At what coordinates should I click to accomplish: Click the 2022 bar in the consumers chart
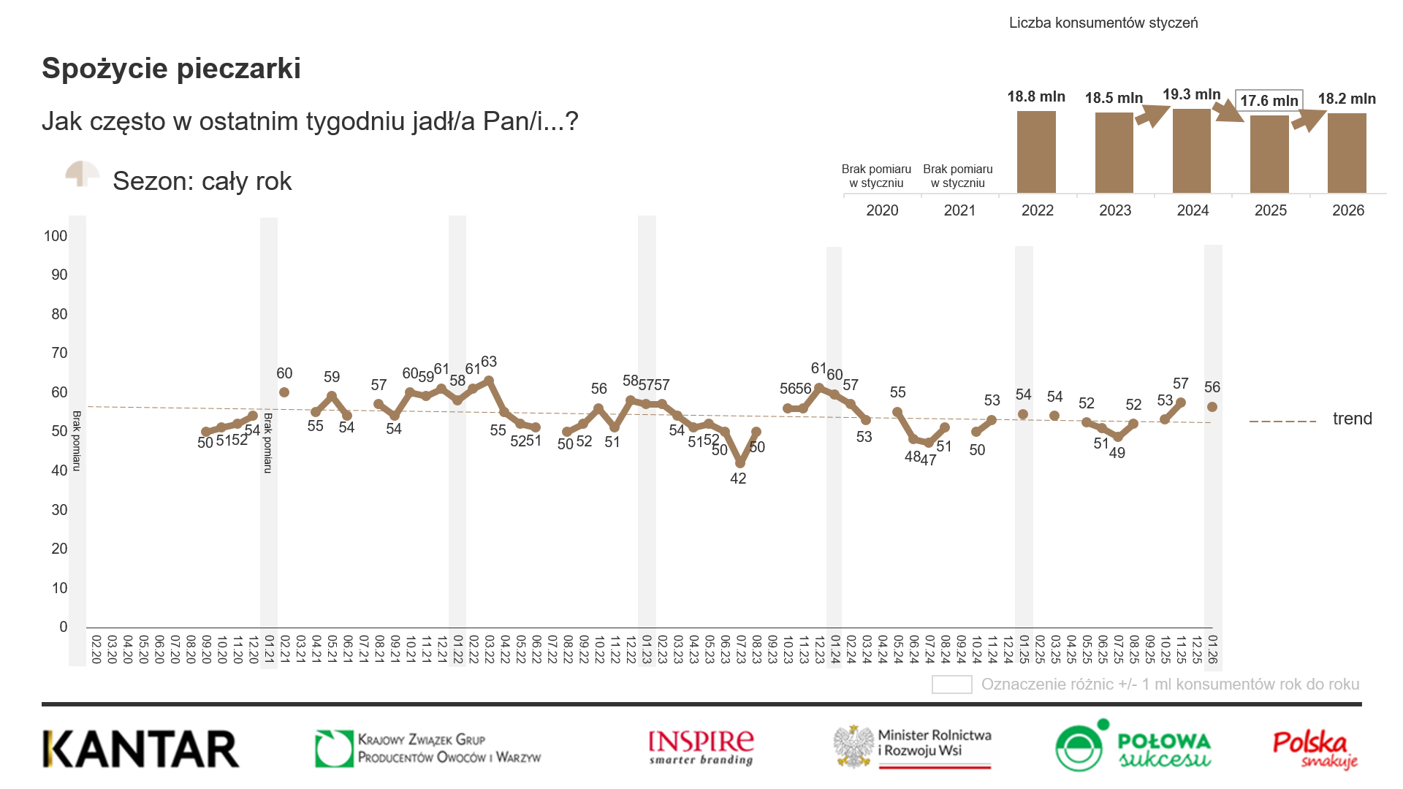pyautogui.click(x=1036, y=152)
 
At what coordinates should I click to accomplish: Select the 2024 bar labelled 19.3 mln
pyautogui.click(x=1191, y=151)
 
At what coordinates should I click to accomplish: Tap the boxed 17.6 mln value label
pyautogui.click(x=1269, y=101)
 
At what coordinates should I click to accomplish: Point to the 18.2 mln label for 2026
pyautogui.click(x=1347, y=99)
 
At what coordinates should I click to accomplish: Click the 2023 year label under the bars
pyautogui.click(x=1115, y=210)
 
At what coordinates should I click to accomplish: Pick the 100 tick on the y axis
pyautogui.click(x=56, y=236)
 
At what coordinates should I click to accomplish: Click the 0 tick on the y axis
pyautogui.click(x=64, y=627)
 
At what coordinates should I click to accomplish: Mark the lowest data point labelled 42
pyautogui.click(x=740, y=463)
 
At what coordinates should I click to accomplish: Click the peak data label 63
pyautogui.click(x=489, y=362)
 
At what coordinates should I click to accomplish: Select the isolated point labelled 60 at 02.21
pyautogui.click(x=284, y=392)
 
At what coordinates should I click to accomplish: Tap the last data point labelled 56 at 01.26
pyautogui.click(x=1212, y=407)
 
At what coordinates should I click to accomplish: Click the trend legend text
pyautogui.click(x=1352, y=419)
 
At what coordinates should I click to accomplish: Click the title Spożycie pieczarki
pyautogui.click(x=171, y=69)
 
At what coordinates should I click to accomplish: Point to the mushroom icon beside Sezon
pyautogui.click(x=83, y=175)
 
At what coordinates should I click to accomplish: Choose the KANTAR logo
pyautogui.click(x=141, y=749)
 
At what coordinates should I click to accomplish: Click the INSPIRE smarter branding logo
pyautogui.click(x=701, y=747)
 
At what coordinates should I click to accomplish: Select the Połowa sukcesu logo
pyautogui.click(x=1133, y=747)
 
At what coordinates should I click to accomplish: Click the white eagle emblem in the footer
pyautogui.click(x=854, y=747)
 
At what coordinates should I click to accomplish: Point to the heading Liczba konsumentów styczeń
pyautogui.click(x=1103, y=23)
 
